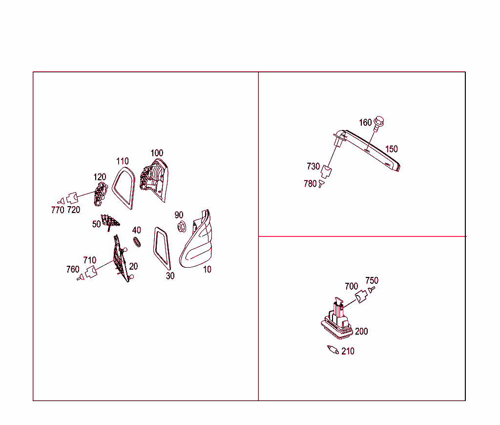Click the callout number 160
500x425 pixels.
pos(365,123)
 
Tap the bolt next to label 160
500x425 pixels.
pos(378,123)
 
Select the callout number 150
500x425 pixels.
pos(391,149)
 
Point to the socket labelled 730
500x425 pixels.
pos(326,171)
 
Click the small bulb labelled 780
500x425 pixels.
pos(321,184)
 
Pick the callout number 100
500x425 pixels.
pos(157,153)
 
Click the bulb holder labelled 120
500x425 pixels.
pos(100,193)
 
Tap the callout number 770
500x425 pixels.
pos(58,210)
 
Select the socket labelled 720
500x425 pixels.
pos(73,198)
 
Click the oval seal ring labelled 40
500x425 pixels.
pos(137,242)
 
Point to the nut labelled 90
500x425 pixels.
pos(182,227)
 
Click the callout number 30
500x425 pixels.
pos(170,276)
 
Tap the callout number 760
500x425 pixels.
pos(73,269)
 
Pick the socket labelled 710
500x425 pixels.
pos(91,272)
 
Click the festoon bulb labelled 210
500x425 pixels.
pos(333,350)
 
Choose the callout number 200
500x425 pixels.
pos(361,332)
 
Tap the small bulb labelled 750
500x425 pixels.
pos(372,289)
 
